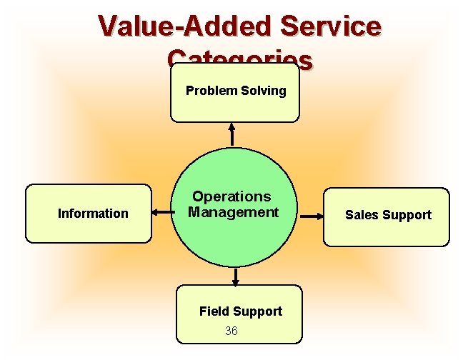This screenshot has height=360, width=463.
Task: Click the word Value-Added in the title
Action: (x=185, y=26)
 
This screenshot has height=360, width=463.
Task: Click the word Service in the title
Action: (x=331, y=26)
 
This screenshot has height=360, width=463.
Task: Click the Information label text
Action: (x=93, y=214)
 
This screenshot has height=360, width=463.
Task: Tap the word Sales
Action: (x=362, y=215)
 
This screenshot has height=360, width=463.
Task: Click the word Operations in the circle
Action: (x=231, y=196)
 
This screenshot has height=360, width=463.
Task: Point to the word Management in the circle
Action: (x=233, y=212)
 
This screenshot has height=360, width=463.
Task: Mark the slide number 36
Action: (x=231, y=331)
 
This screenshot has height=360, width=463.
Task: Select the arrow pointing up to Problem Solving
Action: (x=231, y=135)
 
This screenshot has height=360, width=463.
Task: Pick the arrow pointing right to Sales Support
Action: (x=309, y=214)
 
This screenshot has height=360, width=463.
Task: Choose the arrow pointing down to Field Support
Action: (x=235, y=277)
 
